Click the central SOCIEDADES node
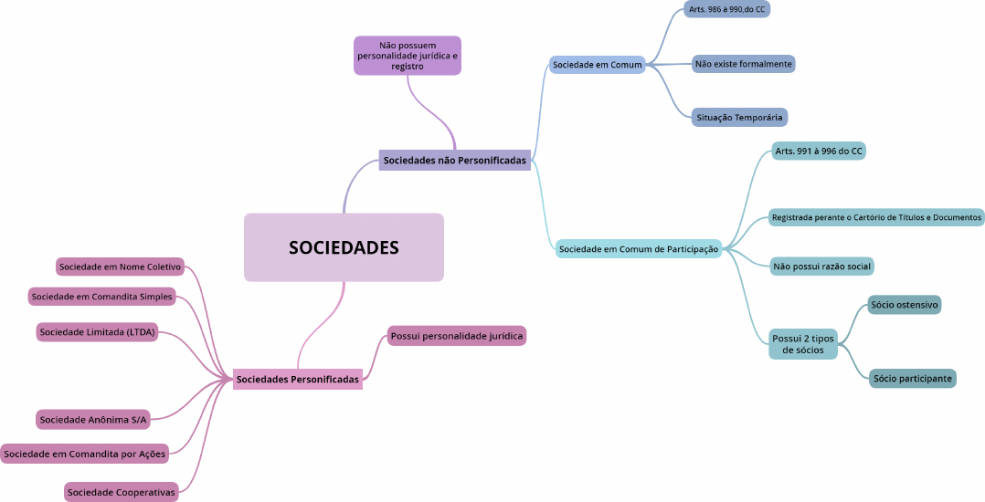click(344, 247)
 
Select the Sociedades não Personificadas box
click(455, 160)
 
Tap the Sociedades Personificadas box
click(298, 379)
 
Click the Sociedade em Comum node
click(598, 65)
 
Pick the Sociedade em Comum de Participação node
click(639, 248)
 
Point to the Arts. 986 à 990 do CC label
click(727, 9)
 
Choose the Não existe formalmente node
click(743, 64)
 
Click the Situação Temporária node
click(739, 118)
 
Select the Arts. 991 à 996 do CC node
click(818, 151)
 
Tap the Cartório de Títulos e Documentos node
click(876, 217)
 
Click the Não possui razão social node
click(822, 267)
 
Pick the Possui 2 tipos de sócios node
click(803, 344)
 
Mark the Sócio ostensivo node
click(905, 305)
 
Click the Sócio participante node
click(912, 378)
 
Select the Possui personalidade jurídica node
click(457, 336)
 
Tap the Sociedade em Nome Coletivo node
click(120, 267)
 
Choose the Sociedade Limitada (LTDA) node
click(97, 332)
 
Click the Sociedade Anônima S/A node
click(93, 420)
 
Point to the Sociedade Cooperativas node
click(121, 493)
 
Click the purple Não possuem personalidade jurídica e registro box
click(408, 55)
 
